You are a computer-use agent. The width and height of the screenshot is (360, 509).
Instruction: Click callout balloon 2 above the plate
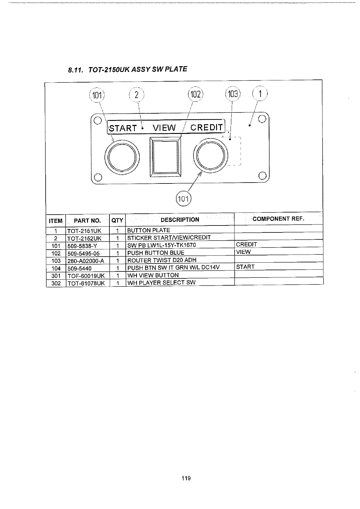137,95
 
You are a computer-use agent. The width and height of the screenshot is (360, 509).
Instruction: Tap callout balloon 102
195,95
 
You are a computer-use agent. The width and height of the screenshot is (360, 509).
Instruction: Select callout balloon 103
232,94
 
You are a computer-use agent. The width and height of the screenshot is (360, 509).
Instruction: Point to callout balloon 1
260,93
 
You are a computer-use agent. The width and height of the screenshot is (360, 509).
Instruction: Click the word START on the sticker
123,128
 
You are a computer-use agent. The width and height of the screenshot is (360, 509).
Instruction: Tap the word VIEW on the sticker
164,128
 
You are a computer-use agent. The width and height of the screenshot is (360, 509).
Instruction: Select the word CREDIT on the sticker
206,128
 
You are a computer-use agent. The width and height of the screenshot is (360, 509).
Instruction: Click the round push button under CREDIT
210,155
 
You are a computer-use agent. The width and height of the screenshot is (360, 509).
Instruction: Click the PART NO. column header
87,220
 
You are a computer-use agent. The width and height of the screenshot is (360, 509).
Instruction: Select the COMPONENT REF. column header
278,219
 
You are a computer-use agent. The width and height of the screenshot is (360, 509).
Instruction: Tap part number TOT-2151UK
84,231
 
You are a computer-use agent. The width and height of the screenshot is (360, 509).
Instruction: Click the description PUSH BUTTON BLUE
156,253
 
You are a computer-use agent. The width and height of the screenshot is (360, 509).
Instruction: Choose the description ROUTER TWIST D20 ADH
162,260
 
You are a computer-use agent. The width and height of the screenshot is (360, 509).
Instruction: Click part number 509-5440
79,268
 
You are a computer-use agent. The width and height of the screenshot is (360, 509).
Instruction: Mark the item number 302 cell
56,283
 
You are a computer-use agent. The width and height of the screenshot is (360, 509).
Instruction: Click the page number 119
186,478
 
